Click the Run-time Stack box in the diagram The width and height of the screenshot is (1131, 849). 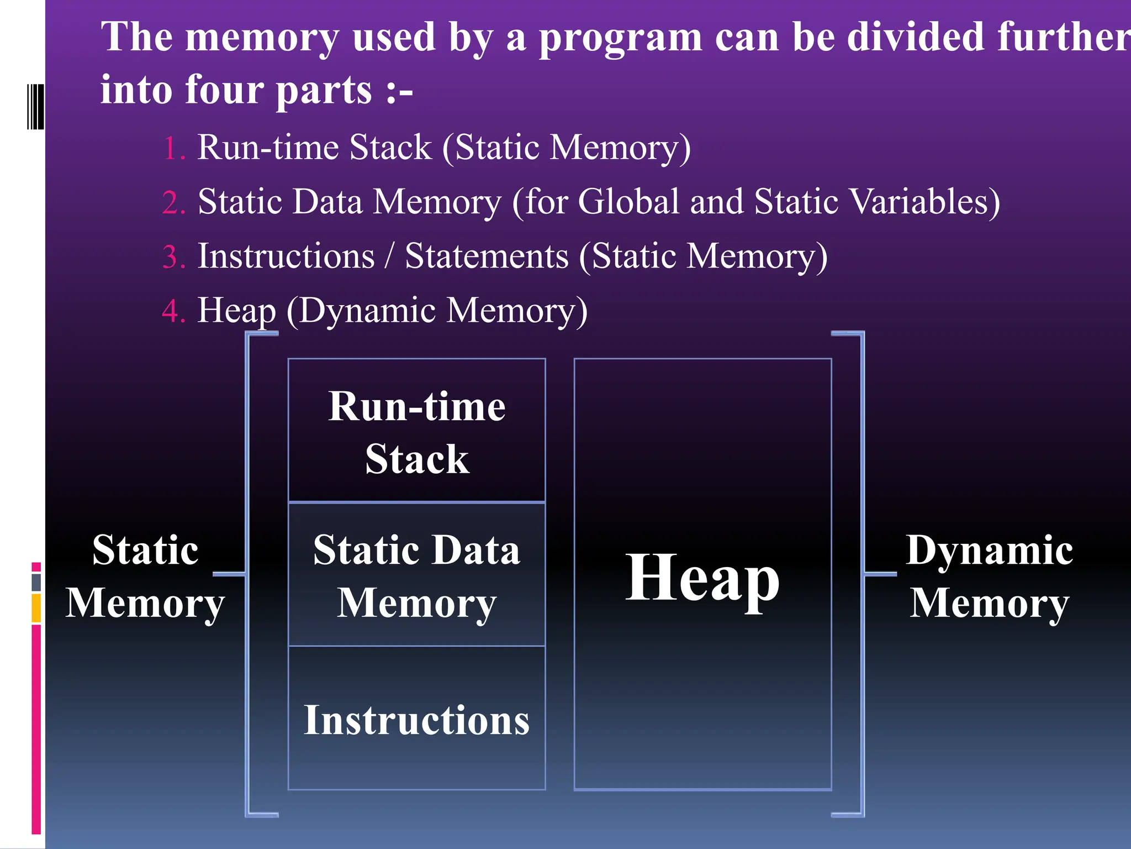[x=416, y=431]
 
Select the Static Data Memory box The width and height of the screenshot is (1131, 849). [x=416, y=575]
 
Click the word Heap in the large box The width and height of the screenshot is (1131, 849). [x=702, y=578]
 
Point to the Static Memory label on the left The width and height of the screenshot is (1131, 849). [x=145, y=576]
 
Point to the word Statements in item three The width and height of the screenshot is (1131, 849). [x=487, y=256]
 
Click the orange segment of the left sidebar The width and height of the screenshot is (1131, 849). [x=36, y=608]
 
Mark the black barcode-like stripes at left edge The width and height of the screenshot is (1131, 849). [x=35, y=106]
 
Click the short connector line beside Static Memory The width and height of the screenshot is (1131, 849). [x=229, y=574]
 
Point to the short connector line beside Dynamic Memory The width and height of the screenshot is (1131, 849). [x=880, y=574]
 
